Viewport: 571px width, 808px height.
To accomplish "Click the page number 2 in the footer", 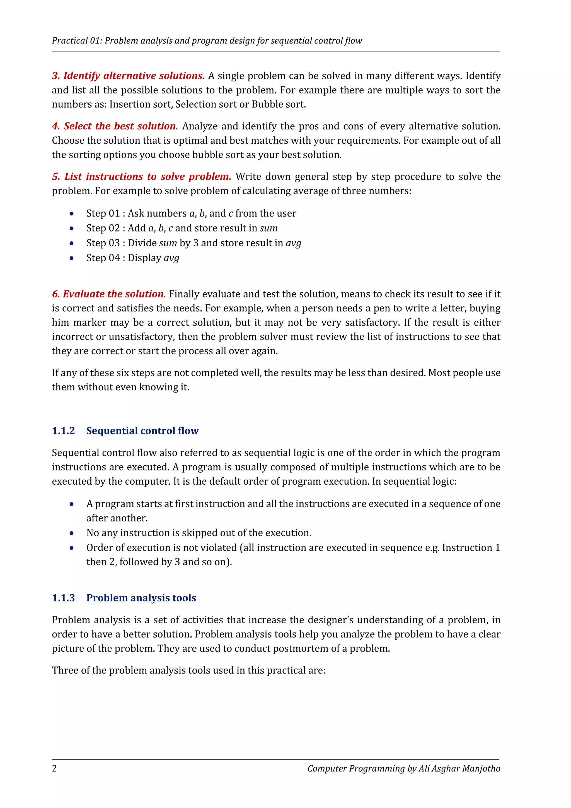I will tap(54, 768).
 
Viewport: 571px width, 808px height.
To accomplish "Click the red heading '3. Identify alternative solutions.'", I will tap(128, 76).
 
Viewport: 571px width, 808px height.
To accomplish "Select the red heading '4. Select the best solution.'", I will tap(115, 126).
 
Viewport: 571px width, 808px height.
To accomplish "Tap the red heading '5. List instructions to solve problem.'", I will tap(142, 176).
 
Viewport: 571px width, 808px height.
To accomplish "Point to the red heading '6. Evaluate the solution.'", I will tap(109, 294).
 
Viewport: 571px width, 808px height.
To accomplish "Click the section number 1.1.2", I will tap(63, 431).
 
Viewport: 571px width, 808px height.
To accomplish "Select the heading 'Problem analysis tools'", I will tap(141, 598).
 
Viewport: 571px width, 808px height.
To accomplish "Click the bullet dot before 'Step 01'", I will tap(72, 214).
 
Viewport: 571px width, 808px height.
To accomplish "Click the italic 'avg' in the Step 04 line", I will tap(171, 258).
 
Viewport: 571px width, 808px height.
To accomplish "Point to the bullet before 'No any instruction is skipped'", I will tap(72, 533).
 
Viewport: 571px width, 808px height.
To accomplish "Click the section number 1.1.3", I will tap(63, 598).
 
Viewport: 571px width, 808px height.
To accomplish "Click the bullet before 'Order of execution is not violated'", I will tap(72, 548).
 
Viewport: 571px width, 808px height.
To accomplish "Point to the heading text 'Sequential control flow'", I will tap(142, 431).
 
